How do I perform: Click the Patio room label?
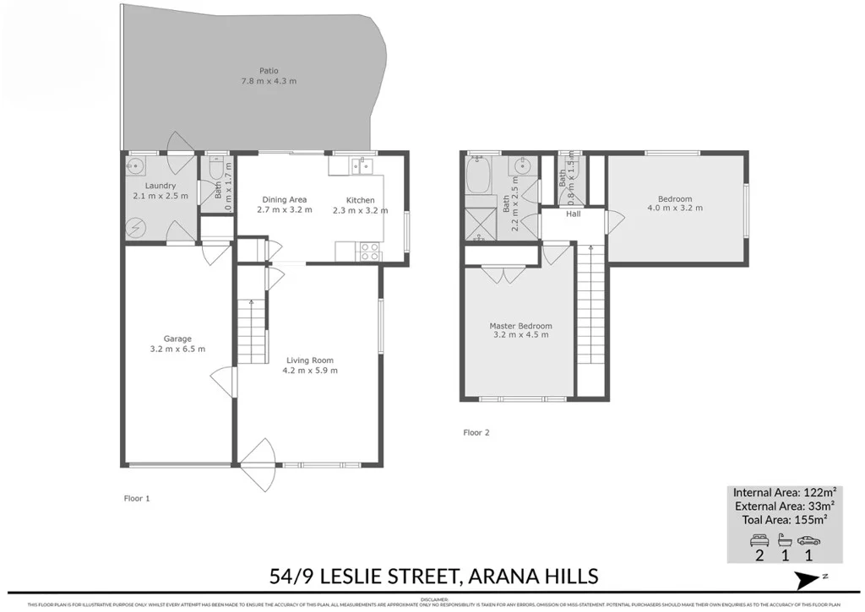pyautogui.click(x=269, y=71)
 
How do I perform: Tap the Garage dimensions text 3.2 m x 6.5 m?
pyautogui.click(x=177, y=349)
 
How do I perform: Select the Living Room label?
pyautogui.click(x=311, y=360)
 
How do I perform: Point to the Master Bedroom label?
pyautogui.click(x=520, y=326)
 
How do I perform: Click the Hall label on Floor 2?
pyautogui.click(x=574, y=214)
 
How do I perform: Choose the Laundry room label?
pyautogui.click(x=160, y=186)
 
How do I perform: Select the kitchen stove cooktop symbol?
pyautogui.click(x=370, y=251)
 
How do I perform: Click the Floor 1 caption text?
pyautogui.click(x=136, y=499)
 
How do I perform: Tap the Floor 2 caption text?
pyautogui.click(x=476, y=433)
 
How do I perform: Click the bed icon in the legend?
pyautogui.click(x=759, y=540)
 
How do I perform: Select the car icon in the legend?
pyautogui.click(x=808, y=540)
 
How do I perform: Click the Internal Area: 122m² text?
pyautogui.click(x=785, y=491)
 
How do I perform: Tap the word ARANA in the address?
pyautogui.click(x=499, y=577)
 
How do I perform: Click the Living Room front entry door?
pyautogui.click(x=258, y=467)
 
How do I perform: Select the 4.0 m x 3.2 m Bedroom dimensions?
pyautogui.click(x=675, y=208)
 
